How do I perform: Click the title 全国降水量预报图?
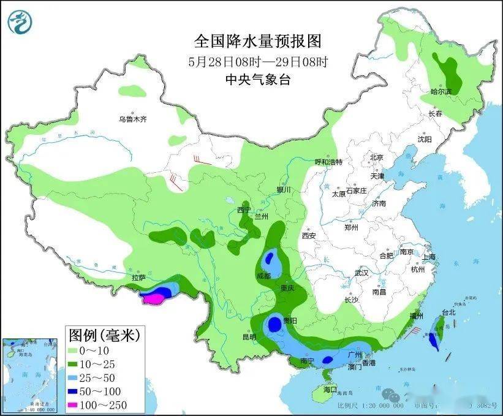coord(257,42)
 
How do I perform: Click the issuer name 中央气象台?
coord(257,79)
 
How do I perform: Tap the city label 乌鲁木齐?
coord(133,119)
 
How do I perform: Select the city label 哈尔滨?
coord(441,91)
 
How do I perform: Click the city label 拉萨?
coord(138,278)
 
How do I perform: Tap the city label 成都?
coord(264,276)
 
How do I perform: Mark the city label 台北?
coord(448,312)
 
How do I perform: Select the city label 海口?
coord(330,389)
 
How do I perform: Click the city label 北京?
coord(376,157)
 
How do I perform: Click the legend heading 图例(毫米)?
coord(105,335)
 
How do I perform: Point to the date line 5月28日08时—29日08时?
coord(257,61)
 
